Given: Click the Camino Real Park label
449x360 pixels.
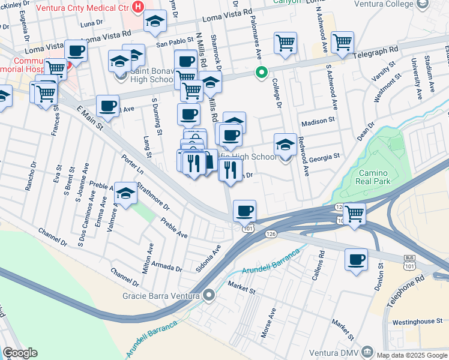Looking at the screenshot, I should click(x=373, y=176).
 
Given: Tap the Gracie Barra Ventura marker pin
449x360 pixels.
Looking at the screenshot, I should click(x=209, y=295).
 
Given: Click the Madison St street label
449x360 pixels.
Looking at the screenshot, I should click(x=318, y=121).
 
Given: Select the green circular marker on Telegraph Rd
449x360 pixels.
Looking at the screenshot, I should click(x=261, y=74).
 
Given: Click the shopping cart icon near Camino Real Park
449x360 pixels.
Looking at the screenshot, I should click(x=354, y=212).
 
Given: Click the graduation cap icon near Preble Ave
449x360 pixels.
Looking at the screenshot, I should click(x=125, y=193).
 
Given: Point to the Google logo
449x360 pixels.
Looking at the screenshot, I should click(x=20, y=353).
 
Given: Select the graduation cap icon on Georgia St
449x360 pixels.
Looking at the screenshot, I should click(x=285, y=145).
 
